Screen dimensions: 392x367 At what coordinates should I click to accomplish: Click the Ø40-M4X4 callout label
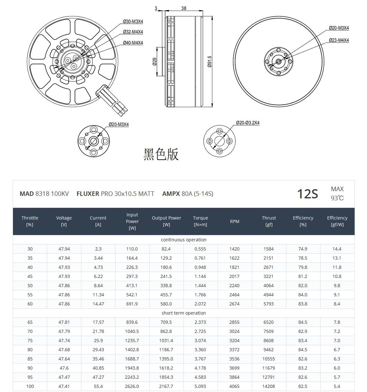pyautogui.click(x=133, y=43)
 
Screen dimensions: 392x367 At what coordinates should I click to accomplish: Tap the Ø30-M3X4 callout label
pyautogui.click(x=133, y=21)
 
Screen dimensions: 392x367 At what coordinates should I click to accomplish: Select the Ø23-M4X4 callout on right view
pyautogui.click(x=339, y=40)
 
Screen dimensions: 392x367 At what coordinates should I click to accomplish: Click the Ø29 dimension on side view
pyautogui.click(x=155, y=61)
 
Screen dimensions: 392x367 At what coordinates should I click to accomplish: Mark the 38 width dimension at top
pyautogui.click(x=184, y=8)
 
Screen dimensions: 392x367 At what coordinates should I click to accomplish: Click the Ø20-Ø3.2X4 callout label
pyautogui.click(x=247, y=123)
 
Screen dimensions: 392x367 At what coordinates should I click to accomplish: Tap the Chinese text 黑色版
pyautogui.click(x=161, y=154)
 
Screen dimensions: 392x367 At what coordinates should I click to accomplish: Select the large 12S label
pyautogui.click(x=307, y=194)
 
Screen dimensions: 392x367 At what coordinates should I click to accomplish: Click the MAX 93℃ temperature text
pyautogui.click(x=337, y=193)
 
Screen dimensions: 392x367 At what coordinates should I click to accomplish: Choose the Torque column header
pyautogui.click(x=200, y=221)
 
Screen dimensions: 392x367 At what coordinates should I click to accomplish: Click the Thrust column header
pyautogui.click(x=269, y=221)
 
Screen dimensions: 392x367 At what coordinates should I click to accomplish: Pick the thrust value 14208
pyautogui.click(x=268, y=386)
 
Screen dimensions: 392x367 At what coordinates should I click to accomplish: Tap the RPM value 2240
pyautogui.click(x=234, y=285)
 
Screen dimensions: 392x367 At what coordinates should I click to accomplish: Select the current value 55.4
pyautogui.click(x=98, y=386)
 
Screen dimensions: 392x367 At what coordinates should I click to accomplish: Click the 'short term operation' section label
pyautogui.click(x=183, y=313)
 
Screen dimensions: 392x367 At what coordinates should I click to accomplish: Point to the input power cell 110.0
pyautogui.click(x=132, y=249)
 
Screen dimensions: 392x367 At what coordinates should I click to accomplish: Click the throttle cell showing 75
pyautogui.click(x=30, y=340)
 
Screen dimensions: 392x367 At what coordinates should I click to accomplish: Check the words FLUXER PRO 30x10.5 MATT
pyautogui.click(x=115, y=194)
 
